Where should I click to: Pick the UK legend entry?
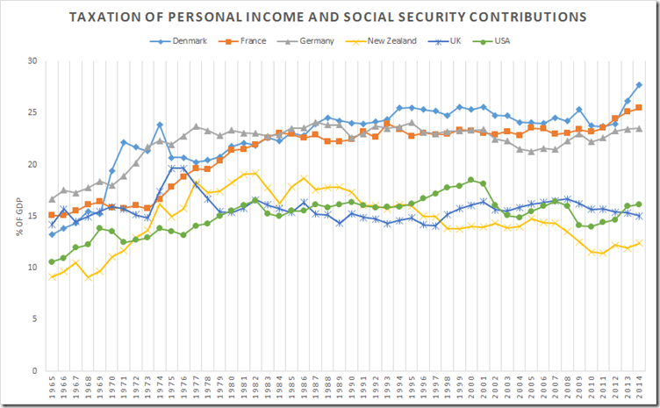tap(450, 40)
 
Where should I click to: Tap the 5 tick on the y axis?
tap(33, 319)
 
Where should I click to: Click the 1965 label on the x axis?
tap(53, 387)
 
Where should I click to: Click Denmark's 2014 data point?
tap(639, 84)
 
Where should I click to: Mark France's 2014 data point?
tap(639, 107)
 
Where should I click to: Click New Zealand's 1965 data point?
tap(53, 277)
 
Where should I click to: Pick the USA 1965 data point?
tap(53, 261)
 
